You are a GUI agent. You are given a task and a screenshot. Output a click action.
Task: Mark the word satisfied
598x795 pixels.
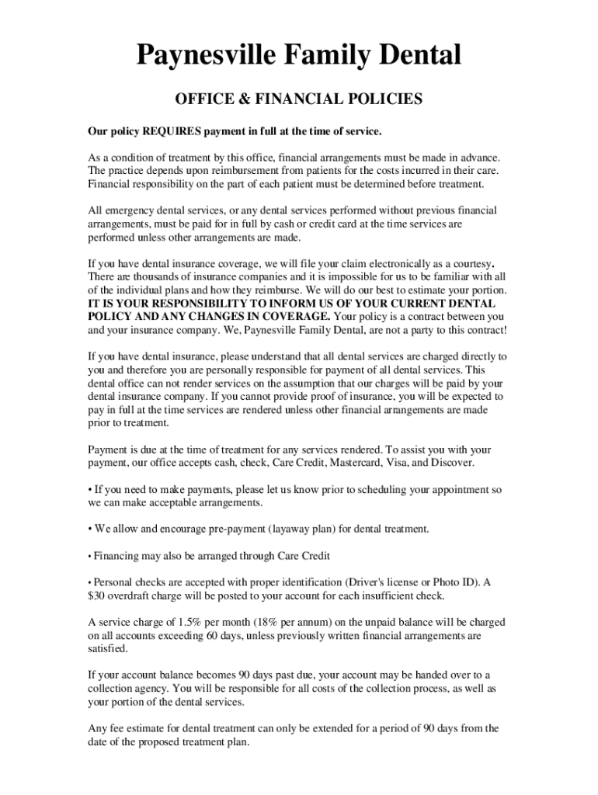[107, 649]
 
